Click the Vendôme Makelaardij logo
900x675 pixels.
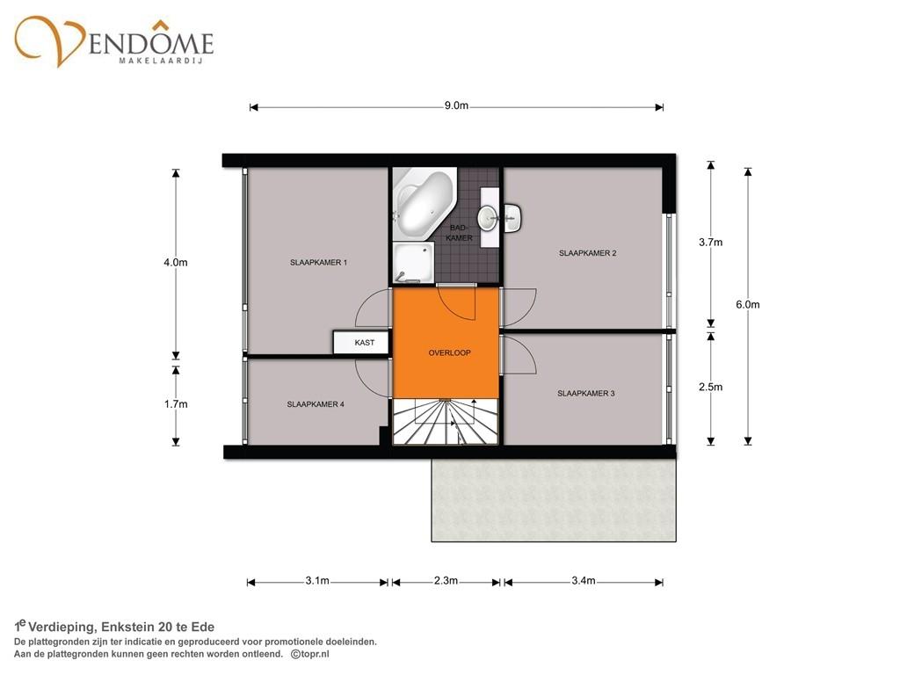pos(113,41)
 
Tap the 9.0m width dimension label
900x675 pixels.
pos(456,105)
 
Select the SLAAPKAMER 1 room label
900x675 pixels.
pos(318,262)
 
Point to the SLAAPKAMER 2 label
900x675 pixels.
pos(587,252)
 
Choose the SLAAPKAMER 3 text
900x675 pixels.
pos(586,393)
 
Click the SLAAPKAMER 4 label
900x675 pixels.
pos(316,404)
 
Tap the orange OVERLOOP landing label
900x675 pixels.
pos(449,352)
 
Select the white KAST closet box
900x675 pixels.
pos(361,343)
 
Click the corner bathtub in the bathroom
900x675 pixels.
pos(425,204)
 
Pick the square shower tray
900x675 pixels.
pos(413,262)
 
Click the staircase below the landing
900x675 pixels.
pos(445,421)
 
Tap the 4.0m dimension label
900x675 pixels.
pos(176,262)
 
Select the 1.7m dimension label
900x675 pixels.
pos(176,404)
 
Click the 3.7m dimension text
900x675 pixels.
pos(710,243)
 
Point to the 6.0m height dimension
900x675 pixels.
pos(748,305)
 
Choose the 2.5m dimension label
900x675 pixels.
pos(710,387)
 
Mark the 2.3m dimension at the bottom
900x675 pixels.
pos(446,581)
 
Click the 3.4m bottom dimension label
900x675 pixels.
pos(584,581)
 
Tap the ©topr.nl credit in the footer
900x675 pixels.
pos(310,654)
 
